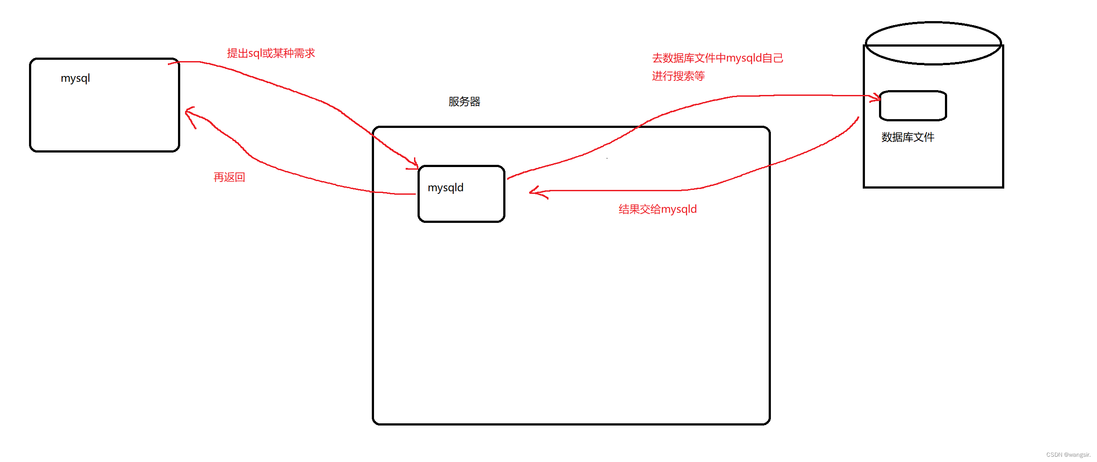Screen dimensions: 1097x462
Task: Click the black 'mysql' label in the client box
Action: pyautogui.click(x=75, y=78)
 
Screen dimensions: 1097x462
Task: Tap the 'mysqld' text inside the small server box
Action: pyautogui.click(x=445, y=188)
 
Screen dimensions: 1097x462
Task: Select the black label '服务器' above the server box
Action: pyautogui.click(x=464, y=102)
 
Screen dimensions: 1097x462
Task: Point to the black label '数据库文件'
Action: pyautogui.click(x=908, y=137)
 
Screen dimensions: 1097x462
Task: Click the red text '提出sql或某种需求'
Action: pyautogui.click(x=271, y=53)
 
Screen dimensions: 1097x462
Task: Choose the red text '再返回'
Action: pyautogui.click(x=229, y=177)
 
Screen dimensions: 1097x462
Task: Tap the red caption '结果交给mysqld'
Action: pyautogui.click(x=657, y=209)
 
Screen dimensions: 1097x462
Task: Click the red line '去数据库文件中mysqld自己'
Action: pyautogui.click(x=717, y=58)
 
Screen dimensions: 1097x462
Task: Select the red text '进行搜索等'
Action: pyautogui.click(x=678, y=76)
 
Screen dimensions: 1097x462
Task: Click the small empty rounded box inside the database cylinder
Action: pyautogui.click(x=913, y=105)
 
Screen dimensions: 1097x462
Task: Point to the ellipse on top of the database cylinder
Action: pyautogui.click(x=933, y=43)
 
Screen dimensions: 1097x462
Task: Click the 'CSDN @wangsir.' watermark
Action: pyautogui.click(x=1068, y=455)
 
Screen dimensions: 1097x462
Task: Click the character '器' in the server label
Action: pyautogui.click(x=475, y=102)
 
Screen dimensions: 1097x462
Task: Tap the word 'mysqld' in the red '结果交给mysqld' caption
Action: pyautogui.click(x=679, y=209)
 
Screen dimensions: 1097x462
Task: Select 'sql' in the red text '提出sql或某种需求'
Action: pyautogui.click(x=254, y=54)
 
